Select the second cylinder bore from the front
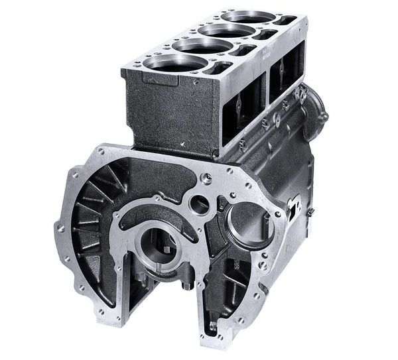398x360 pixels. pos(202,46)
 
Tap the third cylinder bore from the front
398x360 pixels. pos(226,30)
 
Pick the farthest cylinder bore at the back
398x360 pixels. pos(248,17)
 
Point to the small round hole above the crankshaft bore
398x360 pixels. pos(199,204)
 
